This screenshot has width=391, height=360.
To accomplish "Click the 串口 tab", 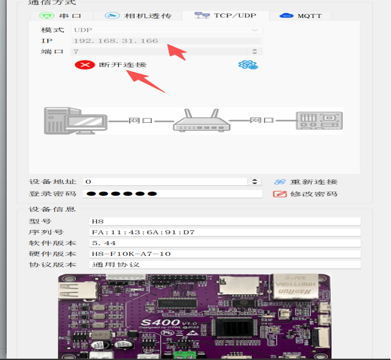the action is (x=62, y=16).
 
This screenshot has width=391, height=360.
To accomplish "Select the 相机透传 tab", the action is (x=138, y=16).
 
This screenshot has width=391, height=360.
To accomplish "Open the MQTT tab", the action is (x=301, y=16).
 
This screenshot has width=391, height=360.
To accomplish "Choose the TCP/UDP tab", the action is (x=226, y=15).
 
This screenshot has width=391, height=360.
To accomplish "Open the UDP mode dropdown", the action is (x=167, y=30).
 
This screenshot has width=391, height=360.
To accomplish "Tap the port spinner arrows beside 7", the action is (x=255, y=51).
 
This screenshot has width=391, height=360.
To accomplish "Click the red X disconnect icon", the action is (x=85, y=65).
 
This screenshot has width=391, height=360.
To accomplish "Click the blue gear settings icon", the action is (x=248, y=65).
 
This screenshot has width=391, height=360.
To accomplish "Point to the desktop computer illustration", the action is (x=75, y=121).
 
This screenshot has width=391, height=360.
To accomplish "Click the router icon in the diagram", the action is (x=202, y=120).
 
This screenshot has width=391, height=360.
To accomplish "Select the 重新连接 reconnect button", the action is (x=306, y=182).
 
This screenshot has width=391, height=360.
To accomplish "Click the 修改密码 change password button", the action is (x=305, y=194).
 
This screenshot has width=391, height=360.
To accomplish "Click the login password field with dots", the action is (x=172, y=194).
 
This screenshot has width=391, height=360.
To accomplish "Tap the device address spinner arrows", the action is (x=255, y=181).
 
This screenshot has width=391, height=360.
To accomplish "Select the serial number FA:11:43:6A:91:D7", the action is (x=143, y=232).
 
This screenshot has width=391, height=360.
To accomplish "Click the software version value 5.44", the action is (x=104, y=243).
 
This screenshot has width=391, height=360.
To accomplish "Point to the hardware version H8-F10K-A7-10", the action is (x=131, y=254).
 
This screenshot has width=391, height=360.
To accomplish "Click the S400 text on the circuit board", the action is (x=161, y=323).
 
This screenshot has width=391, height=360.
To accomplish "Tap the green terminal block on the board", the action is (x=185, y=355).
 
